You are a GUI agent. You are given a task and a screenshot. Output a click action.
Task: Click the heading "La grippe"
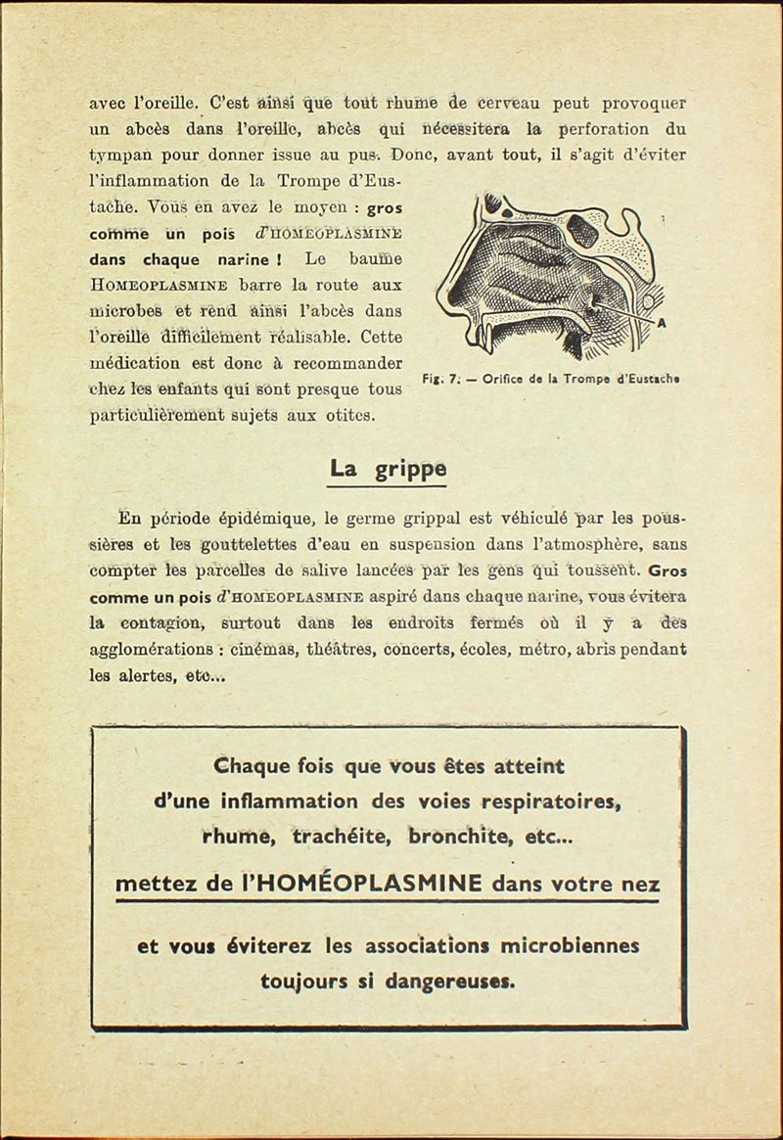coord(388,469)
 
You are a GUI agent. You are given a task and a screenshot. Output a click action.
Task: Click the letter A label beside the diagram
coord(662,326)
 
